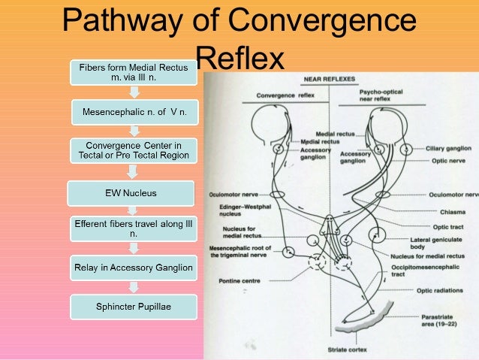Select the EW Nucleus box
(x=131, y=193)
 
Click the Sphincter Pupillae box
(x=131, y=306)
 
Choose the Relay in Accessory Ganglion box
(x=131, y=267)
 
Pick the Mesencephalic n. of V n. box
(x=131, y=113)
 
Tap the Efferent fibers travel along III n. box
(x=131, y=228)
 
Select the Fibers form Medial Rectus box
(x=132, y=73)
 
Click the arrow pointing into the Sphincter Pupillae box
(x=133, y=286)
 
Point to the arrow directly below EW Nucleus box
(x=133, y=210)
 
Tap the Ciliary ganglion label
(x=447, y=148)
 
